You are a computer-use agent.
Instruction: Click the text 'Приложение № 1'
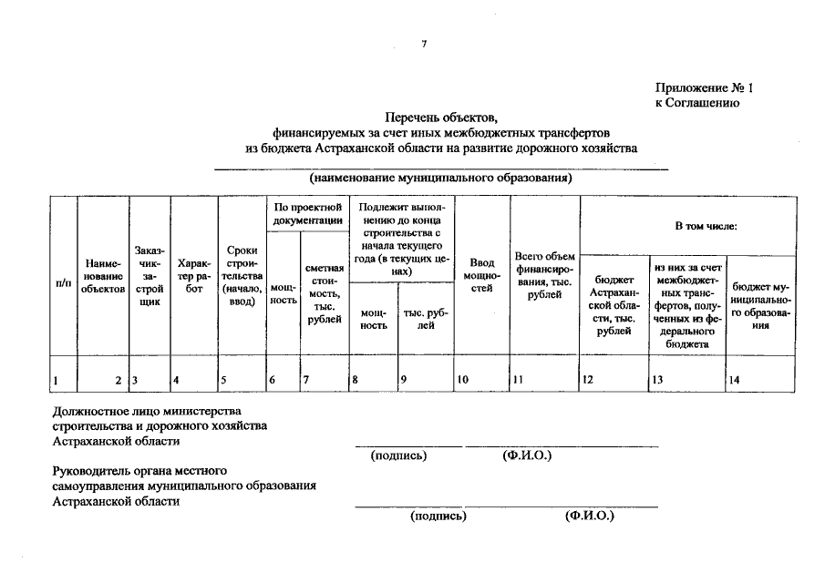705,88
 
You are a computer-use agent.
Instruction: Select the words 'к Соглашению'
696,103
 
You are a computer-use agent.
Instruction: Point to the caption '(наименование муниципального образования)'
440,178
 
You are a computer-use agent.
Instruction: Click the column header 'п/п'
64,284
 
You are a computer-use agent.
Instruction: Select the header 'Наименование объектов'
101,276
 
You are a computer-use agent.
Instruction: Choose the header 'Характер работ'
193,276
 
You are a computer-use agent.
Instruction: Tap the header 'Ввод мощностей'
481,275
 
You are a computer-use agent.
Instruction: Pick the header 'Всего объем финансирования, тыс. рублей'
544,275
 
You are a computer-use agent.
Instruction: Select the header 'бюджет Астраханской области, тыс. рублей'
614,305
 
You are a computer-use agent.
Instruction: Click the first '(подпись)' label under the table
398,455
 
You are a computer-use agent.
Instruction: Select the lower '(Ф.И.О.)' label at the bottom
589,516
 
